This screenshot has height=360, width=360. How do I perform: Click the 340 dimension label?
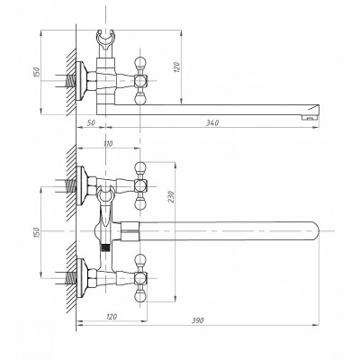[212, 122]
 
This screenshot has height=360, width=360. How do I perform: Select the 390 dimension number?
[198, 320]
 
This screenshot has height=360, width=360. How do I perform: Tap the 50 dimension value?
[91, 122]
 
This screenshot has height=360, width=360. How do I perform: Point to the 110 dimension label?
[108, 144]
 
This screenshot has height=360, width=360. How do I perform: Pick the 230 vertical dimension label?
[171, 197]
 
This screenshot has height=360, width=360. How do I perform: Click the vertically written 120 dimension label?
[176, 67]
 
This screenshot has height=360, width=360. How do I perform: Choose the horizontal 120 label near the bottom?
[112, 317]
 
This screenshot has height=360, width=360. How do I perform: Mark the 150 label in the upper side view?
[36, 72]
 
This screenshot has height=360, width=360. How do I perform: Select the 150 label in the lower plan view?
[36, 233]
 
